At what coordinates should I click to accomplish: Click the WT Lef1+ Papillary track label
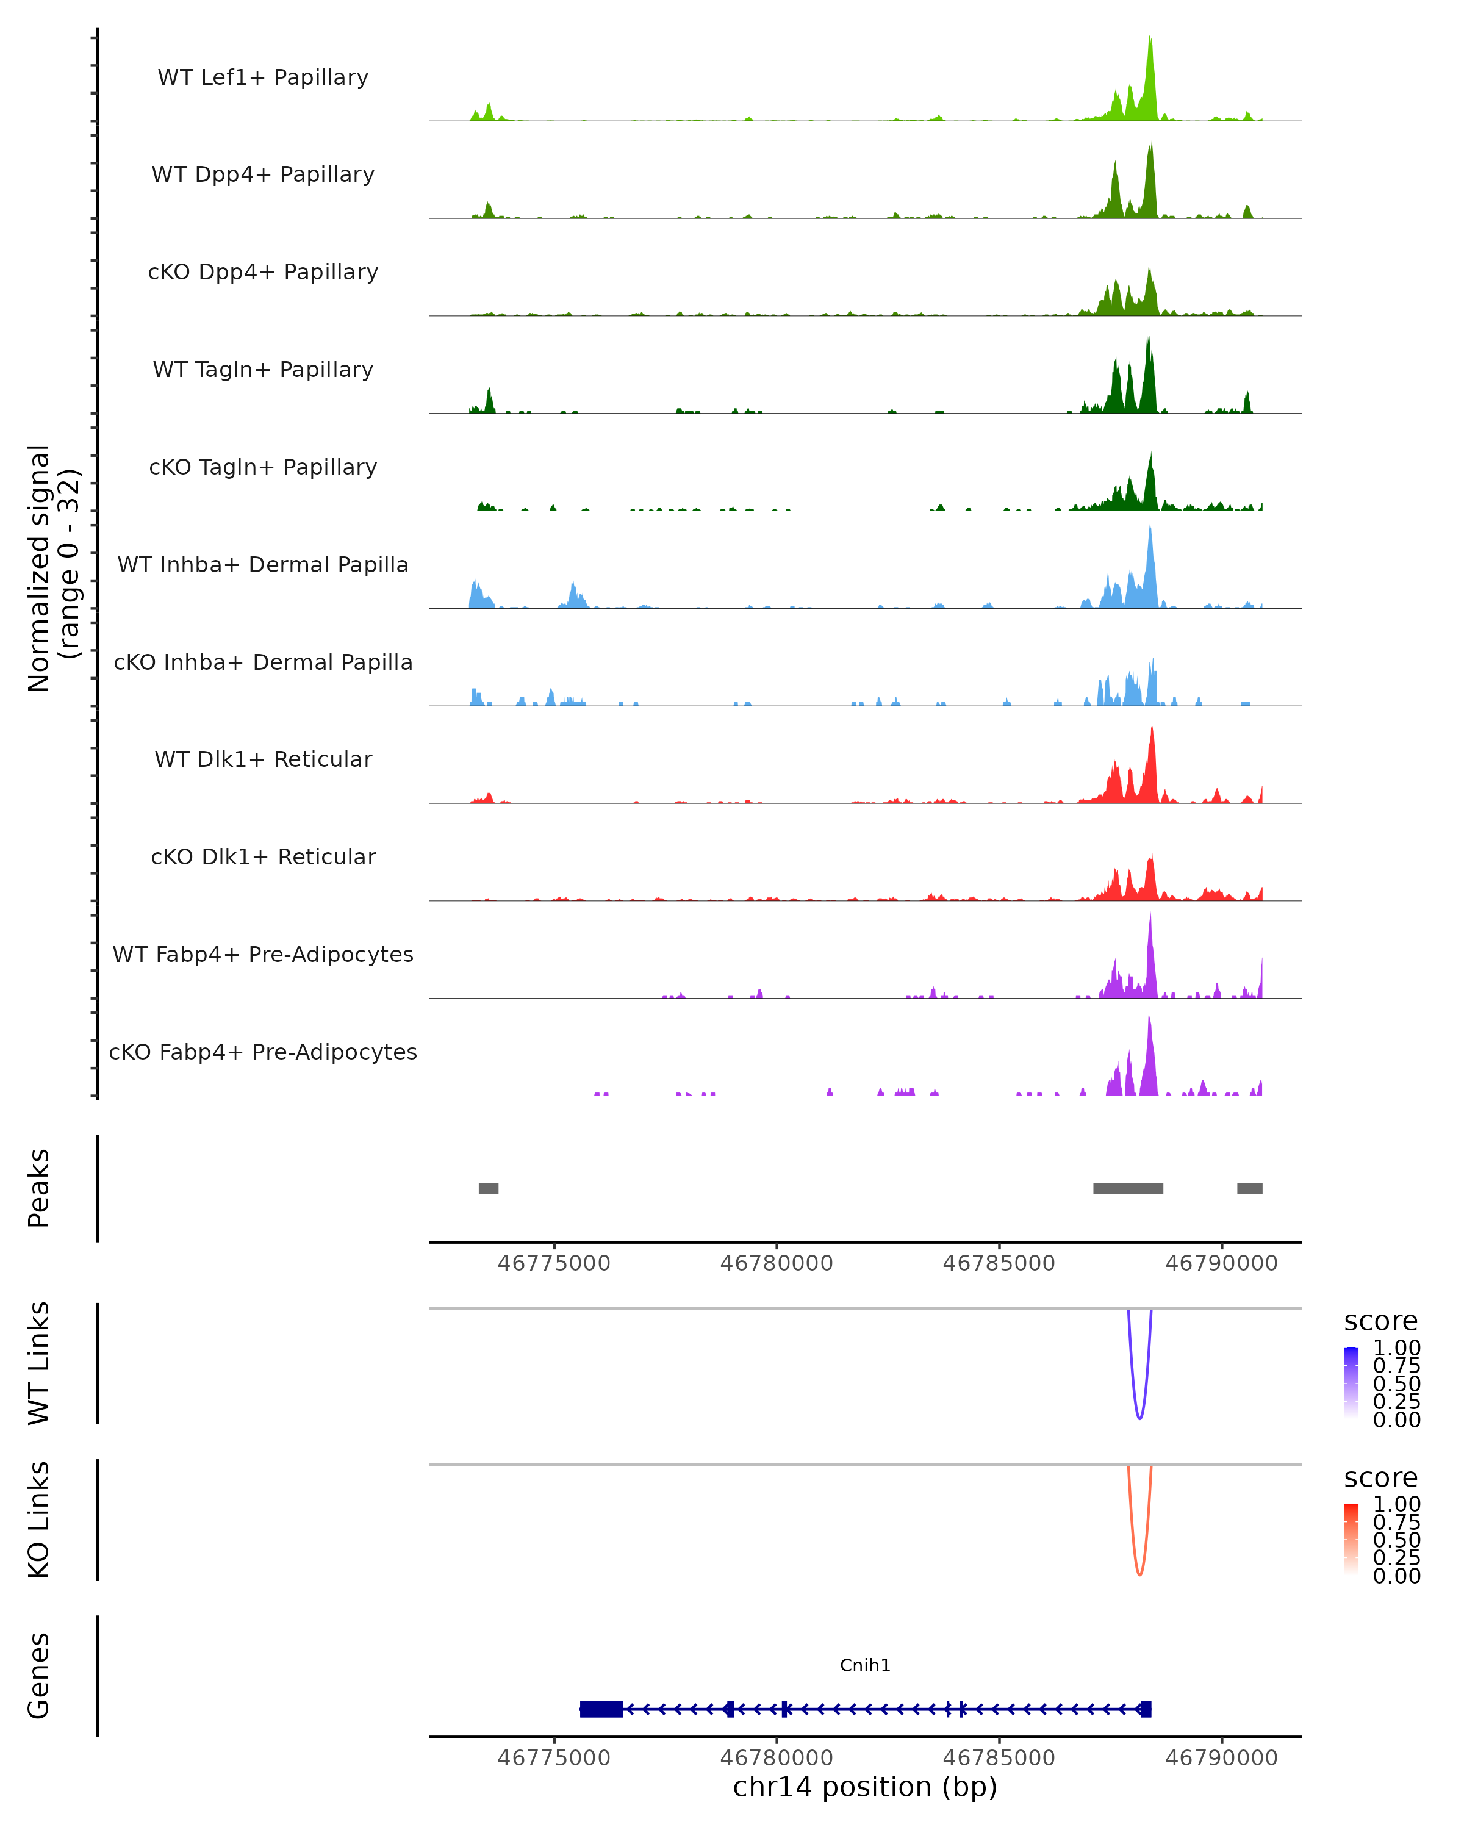pyautogui.click(x=263, y=77)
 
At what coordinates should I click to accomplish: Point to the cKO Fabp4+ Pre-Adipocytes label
pyautogui.click(x=263, y=1052)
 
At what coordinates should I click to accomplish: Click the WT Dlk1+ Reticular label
pyautogui.click(x=263, y=759)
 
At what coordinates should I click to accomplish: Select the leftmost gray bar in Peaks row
pyautogui.click(x=488, y=1188)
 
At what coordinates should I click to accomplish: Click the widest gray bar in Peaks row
pyautogui.click(x=1128, y=1188)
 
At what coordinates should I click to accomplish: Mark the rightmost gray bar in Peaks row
pyautogui.click(x=1249, y=1188)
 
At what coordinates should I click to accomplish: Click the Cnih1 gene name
pyautogui.click(x=865, y=1665)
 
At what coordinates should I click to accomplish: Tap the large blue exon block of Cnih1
pyautogui.click(x=601, y=1709)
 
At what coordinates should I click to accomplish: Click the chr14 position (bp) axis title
pyautogui.click(x=865, y=1787)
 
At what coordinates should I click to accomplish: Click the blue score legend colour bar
pyautogui.click(x=1351, y=1383)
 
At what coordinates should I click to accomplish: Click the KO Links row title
pyautogui.click(x=39, y=1520)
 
